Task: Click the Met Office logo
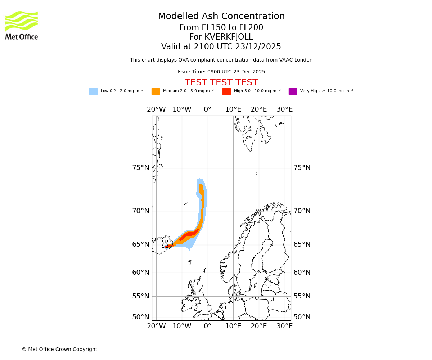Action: pyautogui.click(x=22, y=25)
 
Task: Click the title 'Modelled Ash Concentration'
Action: pyautogui.click(x=221, y=16)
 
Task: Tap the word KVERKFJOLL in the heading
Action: pyautogui.click(x=229, y=37)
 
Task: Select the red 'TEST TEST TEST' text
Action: pyautogui.click(x=221, y=82)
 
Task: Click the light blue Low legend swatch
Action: pyautogui.click(x=93, y=91)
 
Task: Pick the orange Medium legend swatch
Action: pyautogui.click(x=156, y=91)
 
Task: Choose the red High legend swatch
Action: pyautogui.click(x=226, y=91)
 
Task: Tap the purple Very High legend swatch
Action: pyautogui.click(x=293, y=91)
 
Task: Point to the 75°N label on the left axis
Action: pyautogui.click(x=140, y=168)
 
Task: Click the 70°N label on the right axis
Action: pyautogui.click(x=302, y=211)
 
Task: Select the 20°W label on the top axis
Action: pyautogui.click(x=156, y=109)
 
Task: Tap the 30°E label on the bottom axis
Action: pyautogui.click(x=284, y=326)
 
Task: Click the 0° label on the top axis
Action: pyautogui.click(x=208, y=109)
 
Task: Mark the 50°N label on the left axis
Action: pyautogui.click(x=140, y=317)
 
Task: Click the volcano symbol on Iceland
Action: pyautogui.click(x=165, y=244)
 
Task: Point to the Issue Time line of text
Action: pyautogui.click(x=221, y=72)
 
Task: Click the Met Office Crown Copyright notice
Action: pyautogui.click(x=59, y=349)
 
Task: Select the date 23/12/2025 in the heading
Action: pyautogui.click(x=258, y=47)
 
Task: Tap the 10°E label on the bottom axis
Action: pyautogui.click(x=233, y=326)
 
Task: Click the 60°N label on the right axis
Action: pyautogui.click(x=302, y=273)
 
